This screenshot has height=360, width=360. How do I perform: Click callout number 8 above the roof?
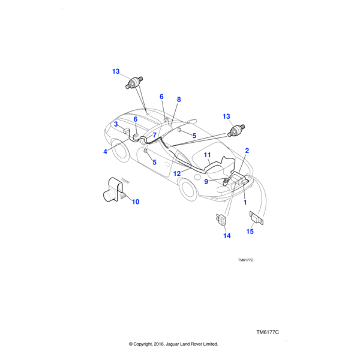pyautogui.click(x=178, y=99)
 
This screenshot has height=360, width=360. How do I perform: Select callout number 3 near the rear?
pyautogui.click(x=115, y=124)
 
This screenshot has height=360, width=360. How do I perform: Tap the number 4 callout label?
pyautogui.click(x=105, y=152)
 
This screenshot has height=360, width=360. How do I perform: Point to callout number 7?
pyautogui.click(x=154, y=135)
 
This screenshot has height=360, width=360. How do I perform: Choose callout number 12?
pyautogui.click(x=177, y=173)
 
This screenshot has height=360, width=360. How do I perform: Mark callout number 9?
pyautogui.click(x=206, y=181)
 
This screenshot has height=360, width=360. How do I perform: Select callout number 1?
pyautogui.click(x=245, y=202)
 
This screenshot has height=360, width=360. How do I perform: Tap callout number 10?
pyautogui.click(x=135, y=202)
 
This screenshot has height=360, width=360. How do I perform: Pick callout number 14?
pyautogui.click(x=227, y=236)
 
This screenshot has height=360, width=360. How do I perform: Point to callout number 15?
pyautogui.click(x=250, y=232)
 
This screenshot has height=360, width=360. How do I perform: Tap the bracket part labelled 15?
pyautogui.click(x=257, y=218)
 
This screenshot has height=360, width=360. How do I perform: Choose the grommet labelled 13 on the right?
pyautogui.click(x=236, y=129)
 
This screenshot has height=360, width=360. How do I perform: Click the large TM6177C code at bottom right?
pyautogui.click(x=268, y=332)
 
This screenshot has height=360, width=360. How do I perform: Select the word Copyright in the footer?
pyautogui.click(x=149, y=344)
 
